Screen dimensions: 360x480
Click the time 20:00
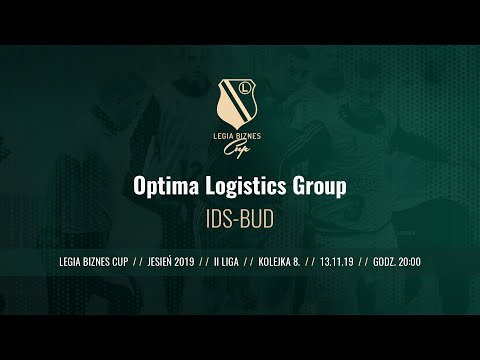click(408, 262)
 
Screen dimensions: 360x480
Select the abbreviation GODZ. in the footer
click(383, 262)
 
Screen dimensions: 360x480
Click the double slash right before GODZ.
click(362, 262)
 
